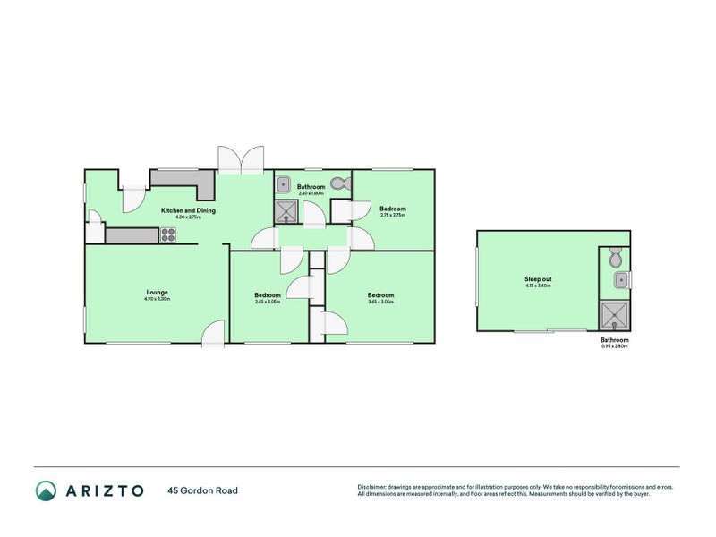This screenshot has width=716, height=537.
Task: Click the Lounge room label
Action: point(158,292)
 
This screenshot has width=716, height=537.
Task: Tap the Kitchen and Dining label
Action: point(188,211)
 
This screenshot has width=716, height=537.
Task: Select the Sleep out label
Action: point(538,279)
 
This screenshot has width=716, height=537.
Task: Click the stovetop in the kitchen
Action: point(167,235)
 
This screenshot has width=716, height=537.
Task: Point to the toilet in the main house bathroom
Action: point(339,183)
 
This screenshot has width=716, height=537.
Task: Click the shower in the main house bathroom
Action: point(287,211)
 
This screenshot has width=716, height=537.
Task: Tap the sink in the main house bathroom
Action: point(282,185)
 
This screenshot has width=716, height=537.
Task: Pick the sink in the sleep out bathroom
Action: point(619,281)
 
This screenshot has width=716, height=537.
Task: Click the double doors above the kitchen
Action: point(241,159)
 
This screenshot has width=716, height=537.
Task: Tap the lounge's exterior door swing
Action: point(212,333)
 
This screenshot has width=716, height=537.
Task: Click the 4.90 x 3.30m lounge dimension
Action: point(158,299)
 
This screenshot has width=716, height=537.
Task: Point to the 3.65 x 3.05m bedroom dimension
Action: point(380,302)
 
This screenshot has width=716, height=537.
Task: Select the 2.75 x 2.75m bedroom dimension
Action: point(393,215)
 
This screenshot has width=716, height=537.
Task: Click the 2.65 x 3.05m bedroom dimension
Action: point(268,302)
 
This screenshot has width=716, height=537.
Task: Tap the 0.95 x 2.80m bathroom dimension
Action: point(615,346)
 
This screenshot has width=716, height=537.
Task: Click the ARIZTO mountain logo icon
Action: point(46,490)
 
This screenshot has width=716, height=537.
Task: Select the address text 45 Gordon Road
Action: point(202,490)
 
